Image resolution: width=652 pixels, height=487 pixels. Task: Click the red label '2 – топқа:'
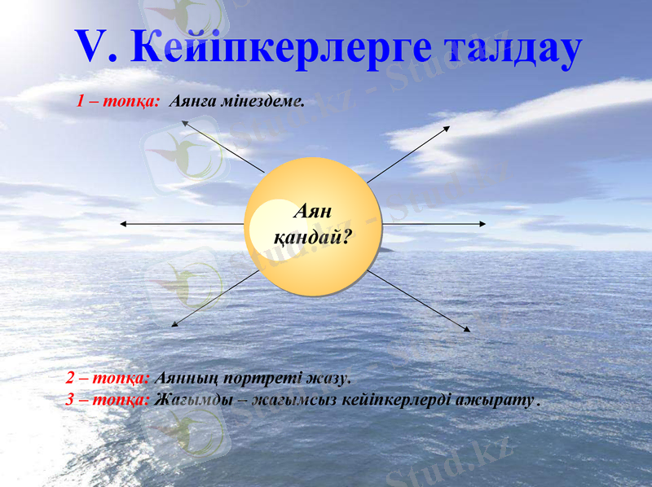pos(108,379)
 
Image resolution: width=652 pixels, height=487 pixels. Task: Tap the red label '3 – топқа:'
pos(108,400)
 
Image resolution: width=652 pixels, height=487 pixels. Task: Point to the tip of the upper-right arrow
pos(449,126)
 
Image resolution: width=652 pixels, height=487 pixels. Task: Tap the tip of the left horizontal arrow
pos(121,224)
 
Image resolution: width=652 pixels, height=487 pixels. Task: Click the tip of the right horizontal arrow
pos(487,224)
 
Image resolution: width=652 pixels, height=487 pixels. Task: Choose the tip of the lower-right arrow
pos(470,331)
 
